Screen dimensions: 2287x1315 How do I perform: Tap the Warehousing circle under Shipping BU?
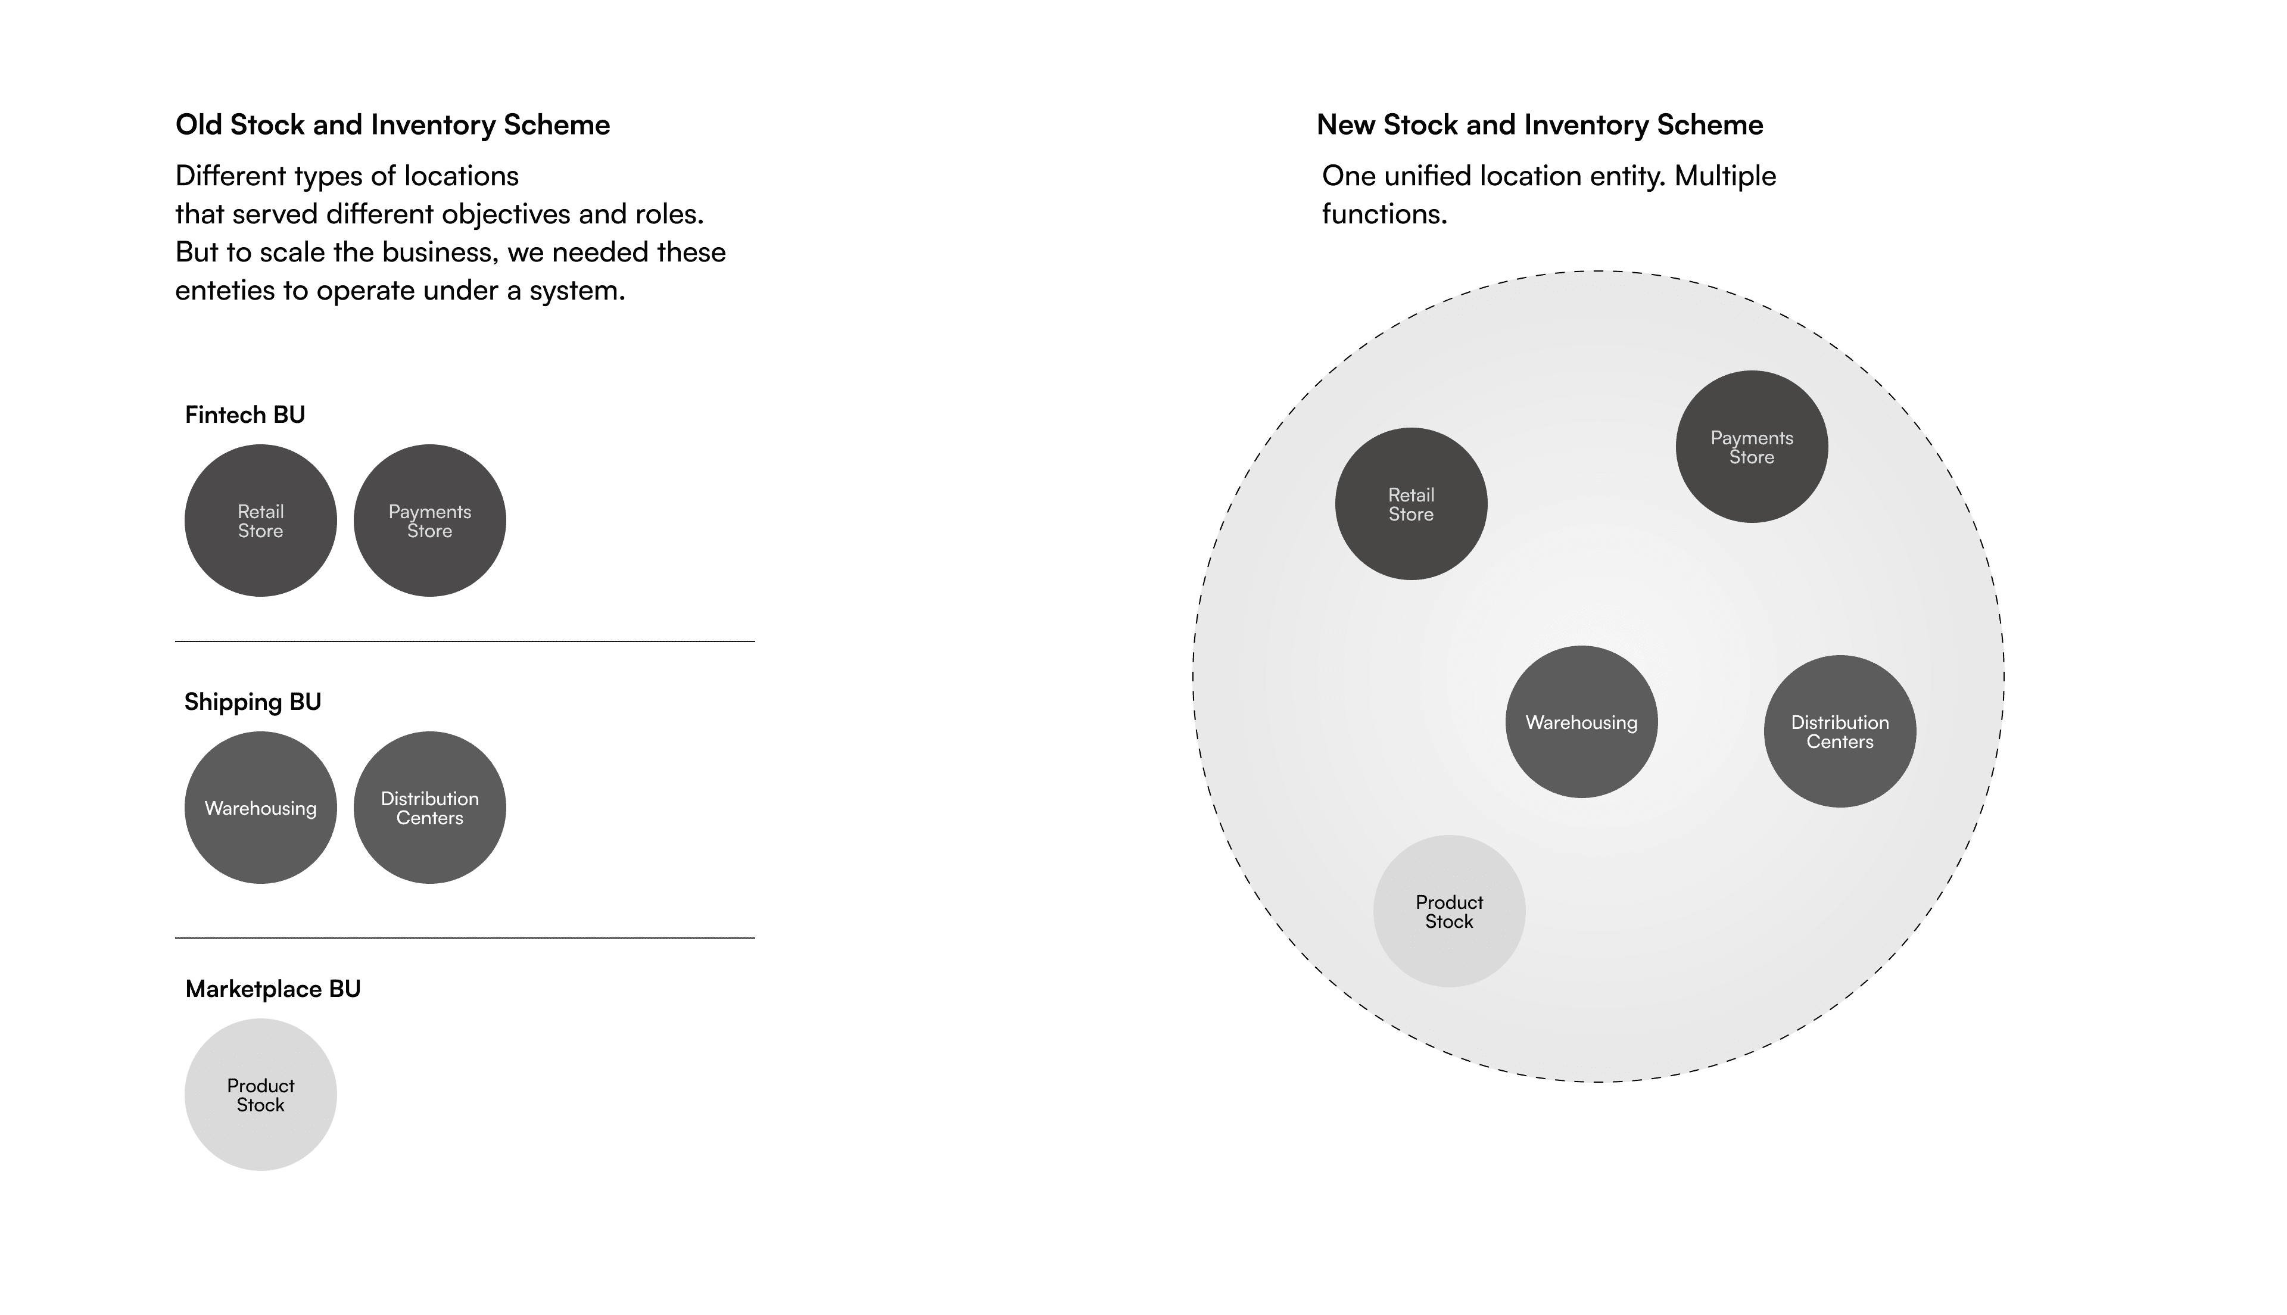(x=260, y=808)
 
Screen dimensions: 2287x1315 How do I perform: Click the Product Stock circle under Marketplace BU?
(x=260, y=1095)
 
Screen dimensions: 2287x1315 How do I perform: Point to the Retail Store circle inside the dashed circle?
(x=1410, y=504)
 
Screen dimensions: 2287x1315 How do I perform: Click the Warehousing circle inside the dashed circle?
(x=1581, y=722)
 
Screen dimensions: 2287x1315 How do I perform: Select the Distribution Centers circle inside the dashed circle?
(x=1839, y=731)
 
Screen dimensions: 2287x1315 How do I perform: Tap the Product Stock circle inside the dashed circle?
(x=1448, y=911)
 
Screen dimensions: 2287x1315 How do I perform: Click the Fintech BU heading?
(x=245, y=415)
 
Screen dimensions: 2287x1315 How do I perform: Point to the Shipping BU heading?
(x=253, y=702)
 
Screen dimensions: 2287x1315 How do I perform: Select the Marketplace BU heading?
(x=273, y=989)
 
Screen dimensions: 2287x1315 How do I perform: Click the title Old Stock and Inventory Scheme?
(x=392, y=124)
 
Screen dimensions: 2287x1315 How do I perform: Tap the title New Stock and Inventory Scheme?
(x=1540, y=124)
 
